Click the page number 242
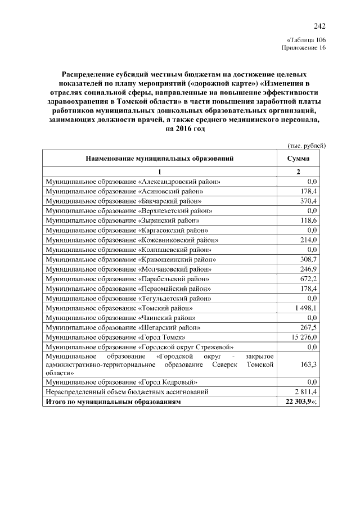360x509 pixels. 319,26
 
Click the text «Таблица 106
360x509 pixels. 306,40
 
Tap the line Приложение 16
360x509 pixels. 303,48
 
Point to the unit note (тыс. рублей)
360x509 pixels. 307,146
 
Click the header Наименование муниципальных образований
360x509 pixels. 160,159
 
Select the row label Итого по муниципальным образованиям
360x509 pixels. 114,402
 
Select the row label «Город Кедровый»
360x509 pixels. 125,382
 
